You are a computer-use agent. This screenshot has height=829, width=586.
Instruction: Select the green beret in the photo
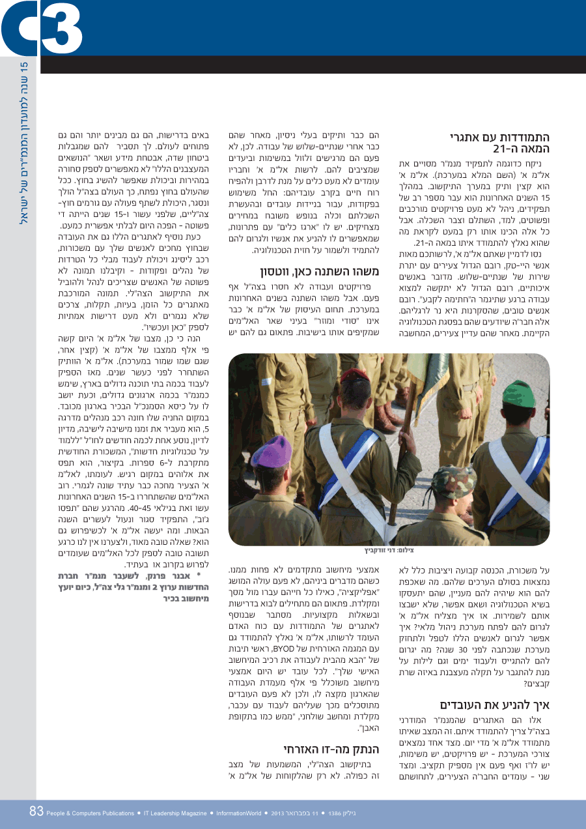click(x=518, y=394)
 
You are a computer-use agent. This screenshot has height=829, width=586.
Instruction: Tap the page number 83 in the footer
click(x=36, y=812)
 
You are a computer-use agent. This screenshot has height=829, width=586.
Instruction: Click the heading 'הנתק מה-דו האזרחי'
click(x=335, y=748)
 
